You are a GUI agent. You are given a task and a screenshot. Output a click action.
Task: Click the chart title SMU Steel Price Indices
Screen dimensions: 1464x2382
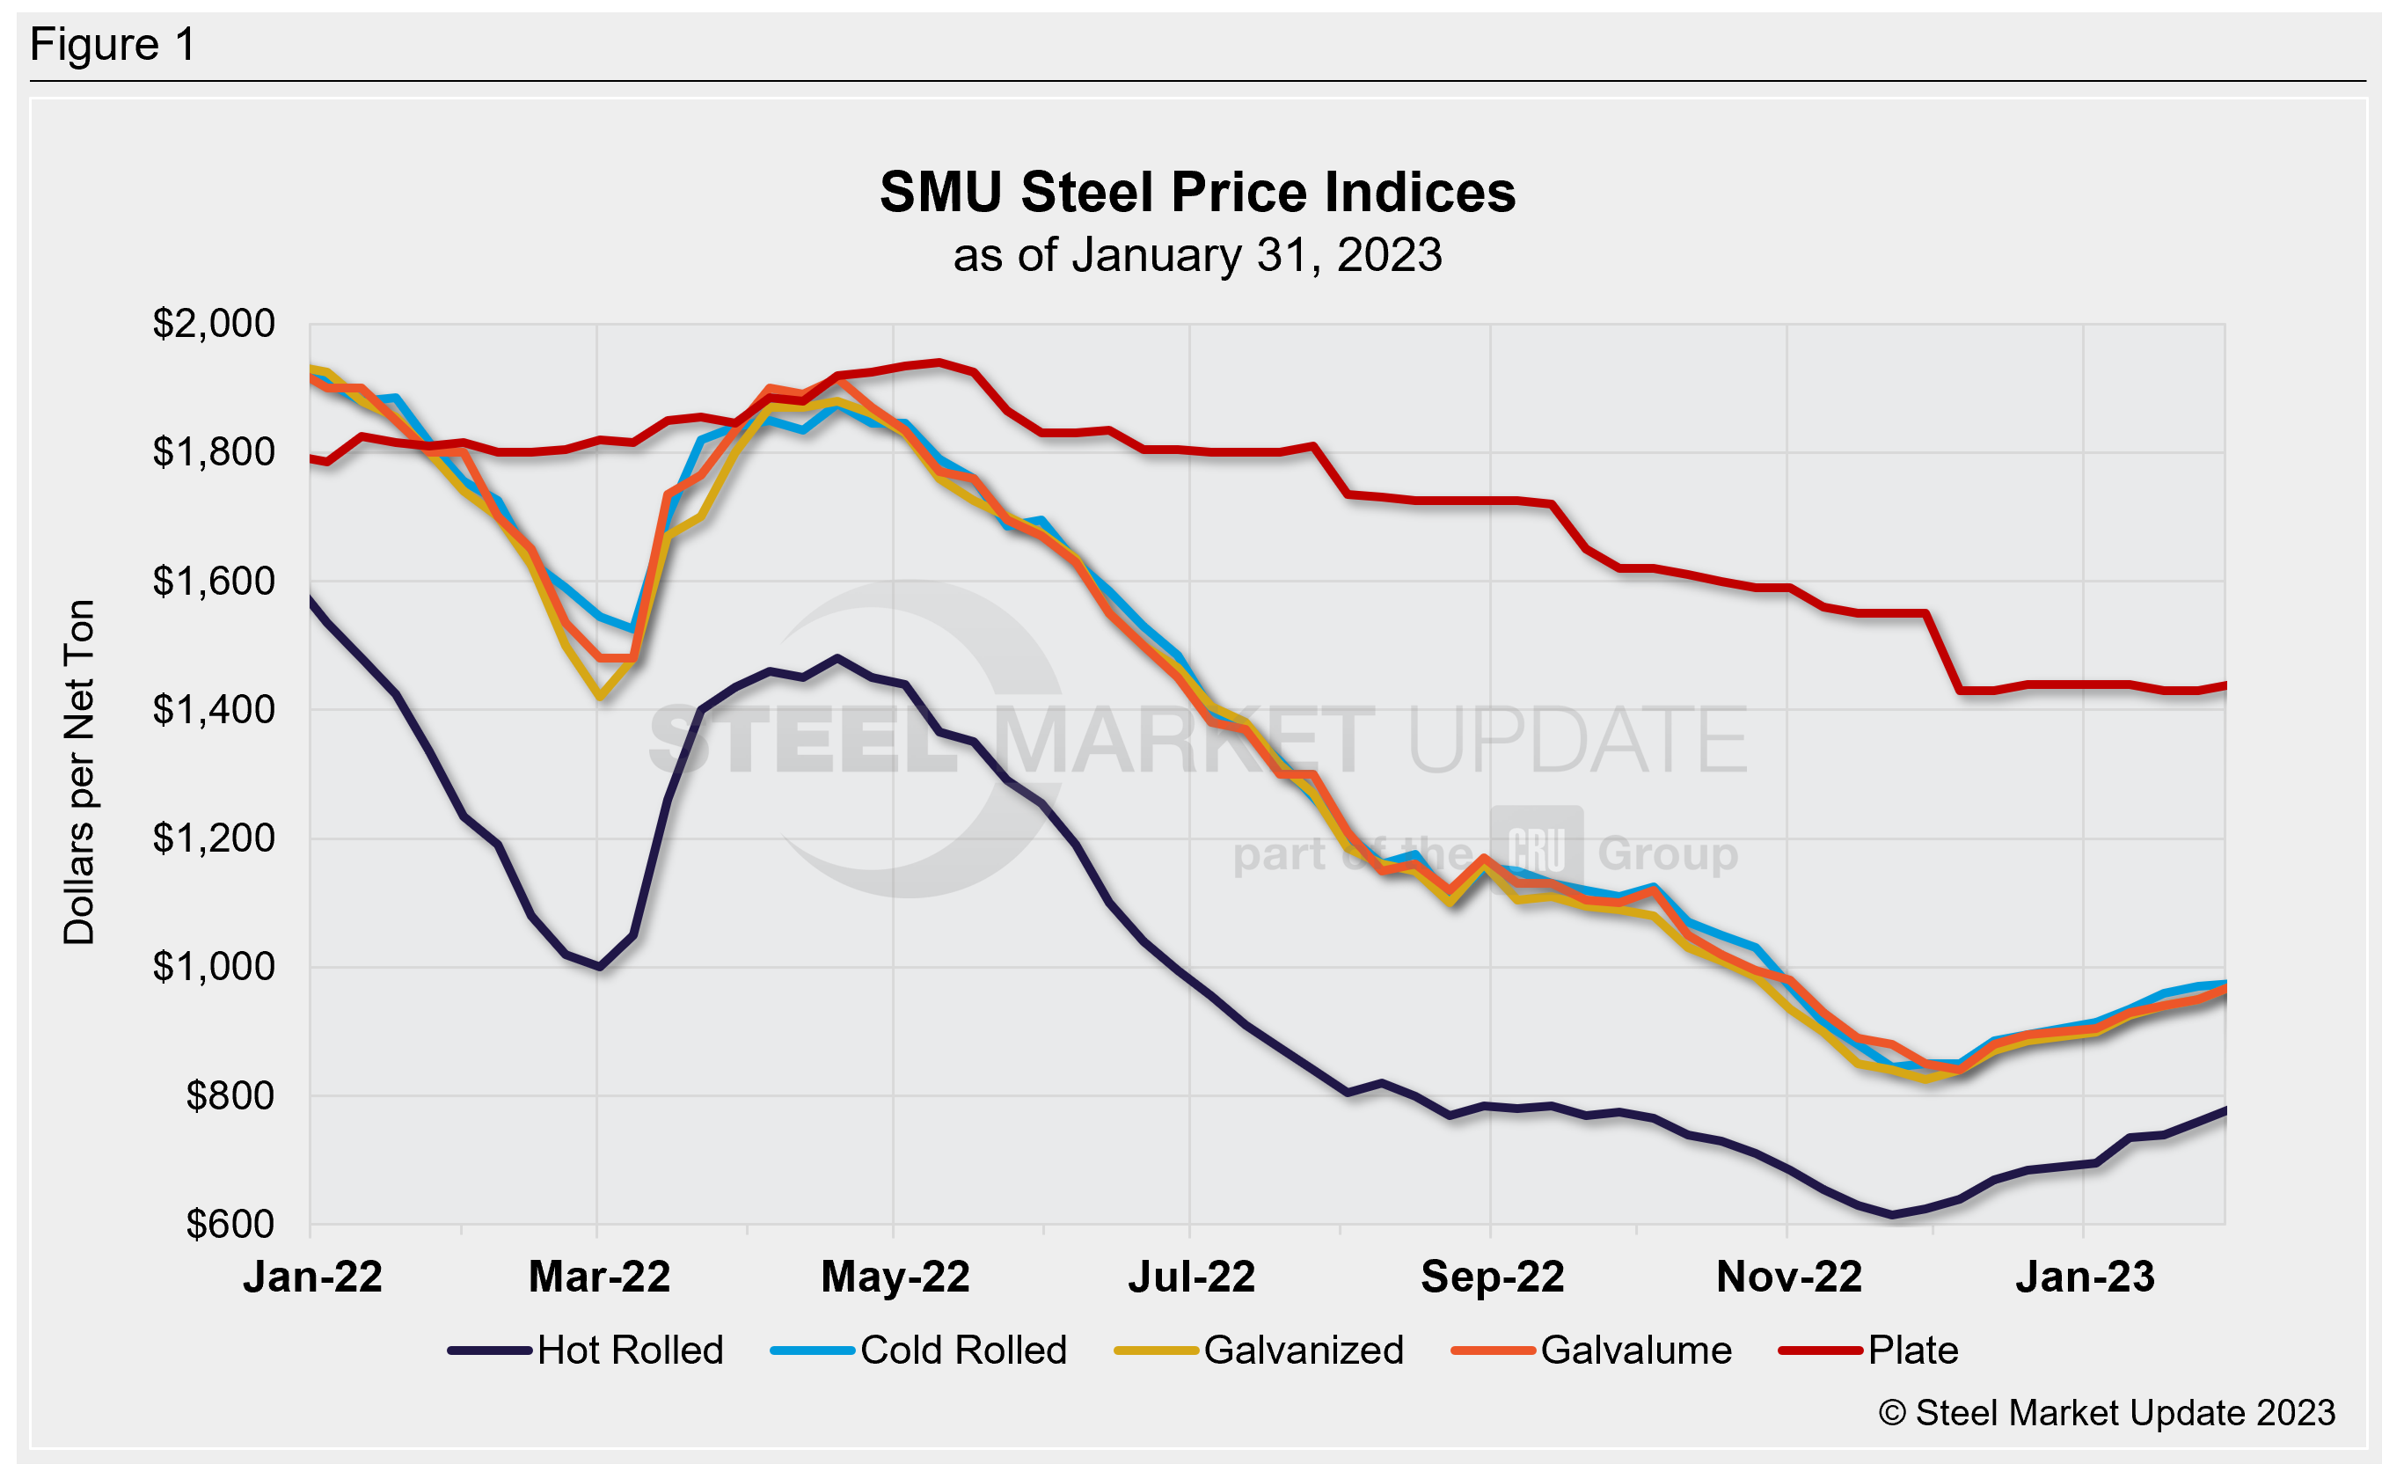click(x=1196, y=192)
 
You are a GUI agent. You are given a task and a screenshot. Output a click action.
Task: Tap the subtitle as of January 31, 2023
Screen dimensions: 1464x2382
click(x=1196, y=256)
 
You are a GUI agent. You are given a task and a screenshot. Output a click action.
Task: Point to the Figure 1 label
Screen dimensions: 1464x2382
click(x=113, y=45)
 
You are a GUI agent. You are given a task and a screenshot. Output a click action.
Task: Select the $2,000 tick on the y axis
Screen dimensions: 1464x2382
click(x=213, y=324)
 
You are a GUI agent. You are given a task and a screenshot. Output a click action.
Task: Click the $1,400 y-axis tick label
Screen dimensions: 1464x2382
click(x=213, y=710)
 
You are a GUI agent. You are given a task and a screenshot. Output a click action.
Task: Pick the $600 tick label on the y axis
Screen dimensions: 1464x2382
click(x=230, y=1224)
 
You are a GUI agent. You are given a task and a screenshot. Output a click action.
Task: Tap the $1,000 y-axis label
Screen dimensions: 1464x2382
click(x=213, y=966)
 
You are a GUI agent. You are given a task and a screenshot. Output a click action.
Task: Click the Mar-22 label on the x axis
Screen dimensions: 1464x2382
click(x=599, y=1277)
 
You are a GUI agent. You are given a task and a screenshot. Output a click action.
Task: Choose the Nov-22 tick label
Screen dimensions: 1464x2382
click(x=1787, y=1277)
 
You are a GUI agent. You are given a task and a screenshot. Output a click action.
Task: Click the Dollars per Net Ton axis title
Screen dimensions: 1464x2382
click(x=79, y=772)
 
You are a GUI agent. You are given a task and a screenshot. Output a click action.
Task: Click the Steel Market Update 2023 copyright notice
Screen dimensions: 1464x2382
click(x=2106, y=1413)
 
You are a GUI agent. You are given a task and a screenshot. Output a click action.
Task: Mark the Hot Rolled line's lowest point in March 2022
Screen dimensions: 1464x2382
click(x=600, y=966)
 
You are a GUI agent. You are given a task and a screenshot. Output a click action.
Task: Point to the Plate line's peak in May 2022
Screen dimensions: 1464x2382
click(x=938, y=362)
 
